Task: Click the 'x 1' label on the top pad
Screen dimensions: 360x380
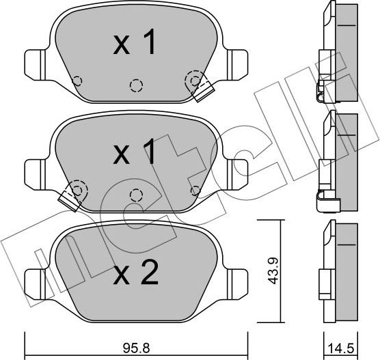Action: tap(135, 44)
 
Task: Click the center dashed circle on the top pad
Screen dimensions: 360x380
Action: tap(137, 85)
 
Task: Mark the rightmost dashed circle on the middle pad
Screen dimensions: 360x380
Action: tap(195, 190)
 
